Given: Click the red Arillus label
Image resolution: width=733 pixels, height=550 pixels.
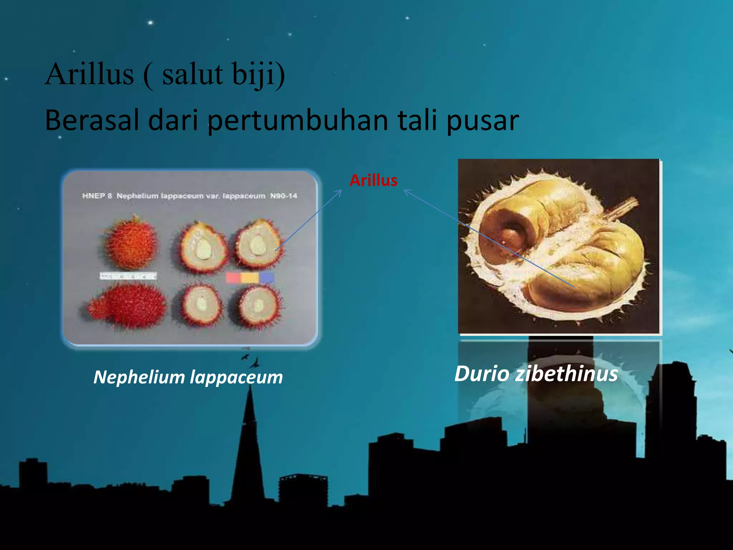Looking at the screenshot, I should tap(373, 180).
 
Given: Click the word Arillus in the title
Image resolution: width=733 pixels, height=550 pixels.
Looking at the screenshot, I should tap(89, 74).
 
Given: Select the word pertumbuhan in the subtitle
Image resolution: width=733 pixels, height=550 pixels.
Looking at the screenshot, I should tap(298, 121).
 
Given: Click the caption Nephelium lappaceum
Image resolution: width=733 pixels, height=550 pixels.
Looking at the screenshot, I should tap(188, 377).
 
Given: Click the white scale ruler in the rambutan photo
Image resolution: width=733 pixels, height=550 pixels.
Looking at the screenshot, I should tap(128, 276).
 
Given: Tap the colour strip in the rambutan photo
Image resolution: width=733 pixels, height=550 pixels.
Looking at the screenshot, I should tap(250, 278).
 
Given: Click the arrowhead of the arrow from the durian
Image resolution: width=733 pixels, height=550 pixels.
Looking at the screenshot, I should tap(406, 191).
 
